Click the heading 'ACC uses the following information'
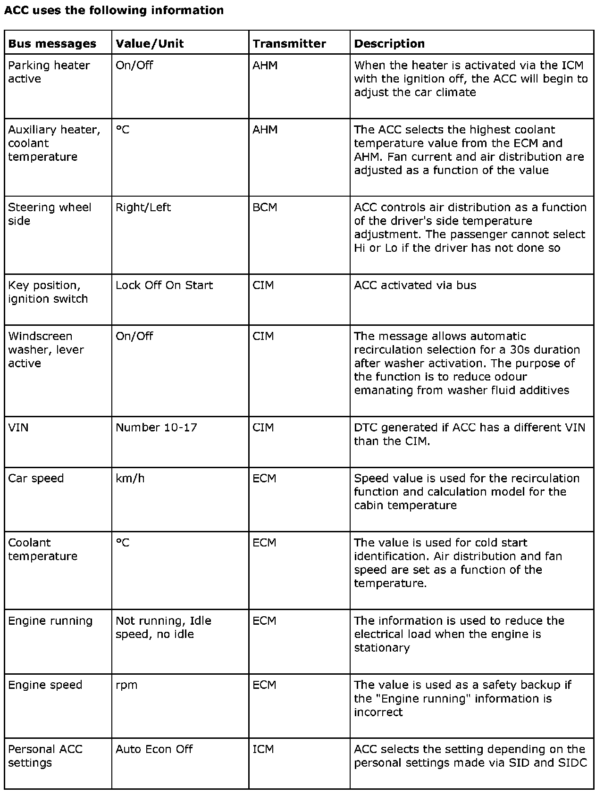tap(114, 10)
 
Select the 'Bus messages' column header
tap(52, 44)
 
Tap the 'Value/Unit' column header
tap(150, 44)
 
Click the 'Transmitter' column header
tap(289, 44)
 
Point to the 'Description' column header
tap(389, 44)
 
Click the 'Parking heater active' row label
tap(49, 72)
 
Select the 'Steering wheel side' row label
tap(50, 214)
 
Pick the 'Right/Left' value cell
tap(143, 207)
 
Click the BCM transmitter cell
tap(265, 207)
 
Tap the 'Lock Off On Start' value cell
tap(164, 285)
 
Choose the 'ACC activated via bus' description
tap(415, 285)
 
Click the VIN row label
tap(18, 428)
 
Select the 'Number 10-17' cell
tap(156, 428)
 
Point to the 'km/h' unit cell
tap(130, 479)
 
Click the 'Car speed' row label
tap(36, 479)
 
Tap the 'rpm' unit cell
tap(126, 685)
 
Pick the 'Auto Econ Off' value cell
tap(154, 749)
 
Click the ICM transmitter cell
tap(263, 749)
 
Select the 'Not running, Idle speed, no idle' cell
tap(163, 628)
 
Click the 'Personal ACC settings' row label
tap(45, 756)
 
